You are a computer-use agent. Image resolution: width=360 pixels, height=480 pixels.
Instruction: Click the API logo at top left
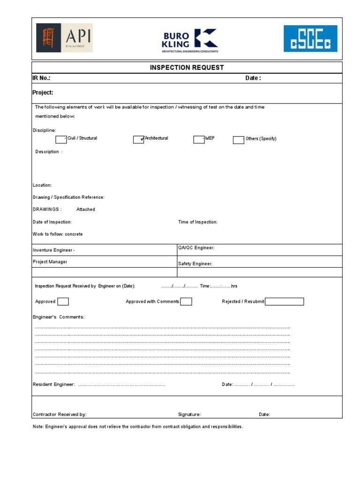pyautogui.click(x=64, y=38)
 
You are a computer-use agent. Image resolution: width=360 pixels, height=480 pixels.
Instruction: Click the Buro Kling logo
pyautogui.click(x=189, y=40)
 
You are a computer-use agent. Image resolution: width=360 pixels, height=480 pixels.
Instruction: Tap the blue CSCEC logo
pyautogui.click(x=310, y=38)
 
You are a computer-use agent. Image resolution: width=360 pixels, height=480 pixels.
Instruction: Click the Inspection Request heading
pyautogui.click(x=187, y=67)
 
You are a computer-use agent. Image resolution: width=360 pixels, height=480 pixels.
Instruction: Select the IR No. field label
pyautogui.click(x=41, y=78)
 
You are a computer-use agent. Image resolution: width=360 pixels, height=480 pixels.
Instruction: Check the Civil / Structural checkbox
pyautogui.click(x=61, y=139)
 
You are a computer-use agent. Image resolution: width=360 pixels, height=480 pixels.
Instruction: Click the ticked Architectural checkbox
pyautogui.click(x=138, y=139)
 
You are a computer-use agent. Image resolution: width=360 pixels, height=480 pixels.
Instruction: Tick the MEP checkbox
pyautogui.click(x=199, y=139)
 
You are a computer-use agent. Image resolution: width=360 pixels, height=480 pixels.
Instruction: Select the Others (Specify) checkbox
pyautogui.click(x=238, y=140)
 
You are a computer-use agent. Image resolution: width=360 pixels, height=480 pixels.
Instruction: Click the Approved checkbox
pyautogui.click(x=63, y=301)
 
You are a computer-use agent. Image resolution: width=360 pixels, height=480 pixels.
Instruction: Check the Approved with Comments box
pyautogui.click(x=186, y=301)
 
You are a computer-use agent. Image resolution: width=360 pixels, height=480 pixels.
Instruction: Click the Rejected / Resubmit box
pyautogui.click(x=284, y=301)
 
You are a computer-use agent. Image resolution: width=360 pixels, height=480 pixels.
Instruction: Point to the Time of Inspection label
pyautogui.click(x=198, y=222)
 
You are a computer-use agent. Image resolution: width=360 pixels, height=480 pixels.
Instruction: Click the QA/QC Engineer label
pyautogui.click(x=196, y=248)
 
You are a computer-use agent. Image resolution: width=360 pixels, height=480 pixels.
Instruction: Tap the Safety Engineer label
pyautogui.click(x=195, y=264)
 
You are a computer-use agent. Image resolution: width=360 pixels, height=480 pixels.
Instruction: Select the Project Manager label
pyautogui.click(x=50, y=262)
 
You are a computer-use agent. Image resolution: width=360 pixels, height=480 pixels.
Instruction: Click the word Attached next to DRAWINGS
pyautogui.click(x=86, y=210)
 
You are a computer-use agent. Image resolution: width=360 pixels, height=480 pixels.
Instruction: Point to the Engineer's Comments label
pyautogui.click(x=59, y=317)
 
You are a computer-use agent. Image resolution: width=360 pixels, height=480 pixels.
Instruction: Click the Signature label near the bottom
pyautogui.click(x=189, y=414)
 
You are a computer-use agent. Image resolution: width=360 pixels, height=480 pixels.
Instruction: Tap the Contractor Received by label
pyautogui.click(x=60, y=414)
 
